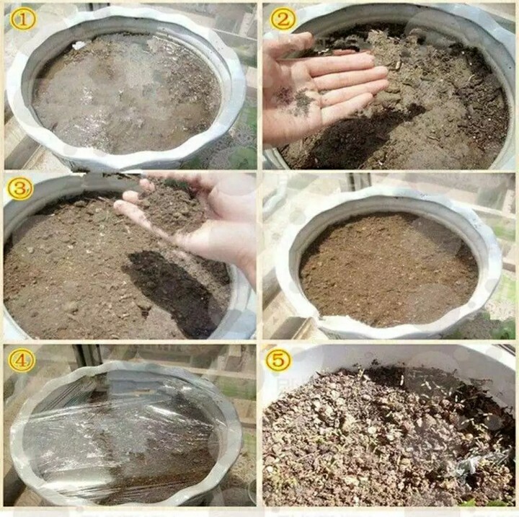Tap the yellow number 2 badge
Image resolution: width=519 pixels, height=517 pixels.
[282, 19]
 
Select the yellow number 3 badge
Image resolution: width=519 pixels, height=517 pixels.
[20, 188]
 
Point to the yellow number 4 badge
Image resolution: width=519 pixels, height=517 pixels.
[22, 360]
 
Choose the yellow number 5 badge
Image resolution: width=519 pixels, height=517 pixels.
[278, 359]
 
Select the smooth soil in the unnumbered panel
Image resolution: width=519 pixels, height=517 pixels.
[388, 269]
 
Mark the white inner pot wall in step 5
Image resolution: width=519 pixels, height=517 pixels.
[391, 357]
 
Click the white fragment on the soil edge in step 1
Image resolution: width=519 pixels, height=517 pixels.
[79, 45]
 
